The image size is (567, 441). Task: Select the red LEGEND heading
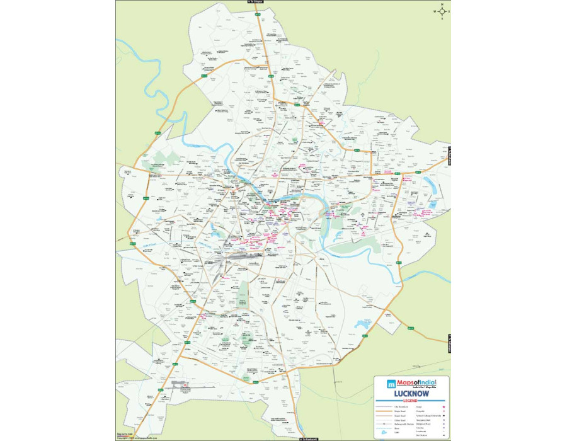point(411,400)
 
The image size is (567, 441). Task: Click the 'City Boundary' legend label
point(401,406)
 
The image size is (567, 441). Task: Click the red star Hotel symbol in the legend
point(444,406)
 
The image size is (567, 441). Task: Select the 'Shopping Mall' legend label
point(424,420)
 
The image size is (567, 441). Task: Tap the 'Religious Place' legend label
point(424,425)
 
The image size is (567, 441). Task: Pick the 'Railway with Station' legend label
point(404,425)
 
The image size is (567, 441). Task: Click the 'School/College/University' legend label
point(428,415)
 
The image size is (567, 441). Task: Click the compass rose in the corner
point(442,11)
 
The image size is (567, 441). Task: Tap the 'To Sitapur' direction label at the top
point(255,2)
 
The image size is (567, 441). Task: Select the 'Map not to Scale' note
point(124,433)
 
